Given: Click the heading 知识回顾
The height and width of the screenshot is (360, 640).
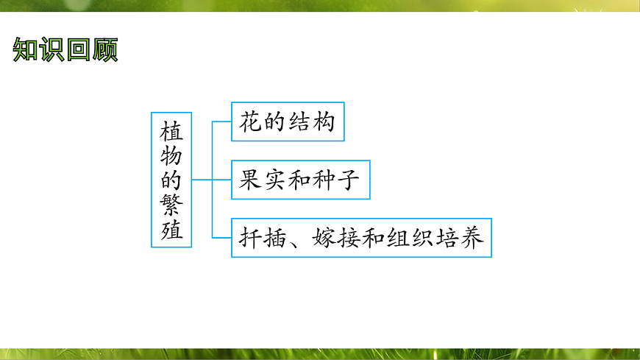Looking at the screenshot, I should click(65, 50).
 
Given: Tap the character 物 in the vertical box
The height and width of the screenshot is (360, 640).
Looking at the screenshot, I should click(171, 156).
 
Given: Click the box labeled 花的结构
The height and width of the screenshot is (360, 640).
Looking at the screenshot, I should click(288, 121).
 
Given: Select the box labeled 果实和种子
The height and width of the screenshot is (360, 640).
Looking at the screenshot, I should click(300, 180).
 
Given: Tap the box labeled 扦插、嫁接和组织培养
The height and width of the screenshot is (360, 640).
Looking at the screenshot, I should click(361, 238).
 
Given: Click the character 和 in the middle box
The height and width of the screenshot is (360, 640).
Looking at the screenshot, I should click(299, 180).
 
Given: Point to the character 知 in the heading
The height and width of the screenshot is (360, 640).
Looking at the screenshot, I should click(26, 50).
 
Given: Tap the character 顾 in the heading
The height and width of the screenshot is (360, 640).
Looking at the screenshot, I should click(104, 50).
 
